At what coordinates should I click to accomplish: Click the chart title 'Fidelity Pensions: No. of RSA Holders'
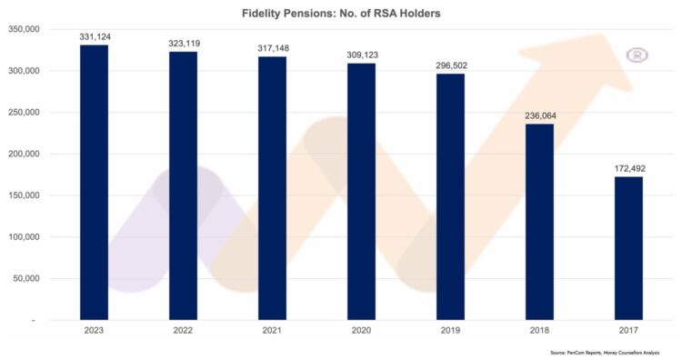coord(340,14)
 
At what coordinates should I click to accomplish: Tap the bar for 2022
coord(183,185)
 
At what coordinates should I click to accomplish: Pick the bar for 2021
coord(272,188)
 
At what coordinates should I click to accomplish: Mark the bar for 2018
coord(539,222)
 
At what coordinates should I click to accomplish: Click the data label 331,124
coord(94,36)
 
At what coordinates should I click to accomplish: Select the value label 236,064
coord(539,115)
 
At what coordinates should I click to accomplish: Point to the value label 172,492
coord(628,168)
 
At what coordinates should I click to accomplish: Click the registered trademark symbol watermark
coord(638,55)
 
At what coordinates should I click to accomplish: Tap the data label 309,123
coord(361,55)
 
